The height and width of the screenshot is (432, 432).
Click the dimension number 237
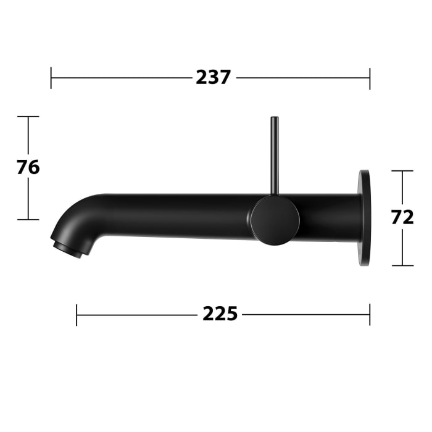point(213,78)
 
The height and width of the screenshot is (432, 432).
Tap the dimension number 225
point(220,314)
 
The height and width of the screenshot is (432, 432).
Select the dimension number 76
point(28,167)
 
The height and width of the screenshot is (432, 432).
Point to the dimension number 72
point(402,217)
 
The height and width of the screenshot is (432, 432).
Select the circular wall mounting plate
point(365,218)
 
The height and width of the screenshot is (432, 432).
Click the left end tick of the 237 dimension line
point(51,78)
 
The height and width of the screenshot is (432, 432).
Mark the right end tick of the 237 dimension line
point(370,78)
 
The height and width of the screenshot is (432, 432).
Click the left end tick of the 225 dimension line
point(77,315)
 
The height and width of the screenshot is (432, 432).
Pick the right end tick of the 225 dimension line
point(370,315)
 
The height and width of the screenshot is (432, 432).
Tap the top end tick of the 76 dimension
point(28,116)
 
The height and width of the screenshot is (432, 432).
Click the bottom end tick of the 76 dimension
point(28,219)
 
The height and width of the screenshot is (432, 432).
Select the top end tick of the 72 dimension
point(402,171)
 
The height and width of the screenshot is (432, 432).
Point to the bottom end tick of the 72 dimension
point(402,265)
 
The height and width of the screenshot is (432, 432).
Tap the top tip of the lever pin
point(273,118)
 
